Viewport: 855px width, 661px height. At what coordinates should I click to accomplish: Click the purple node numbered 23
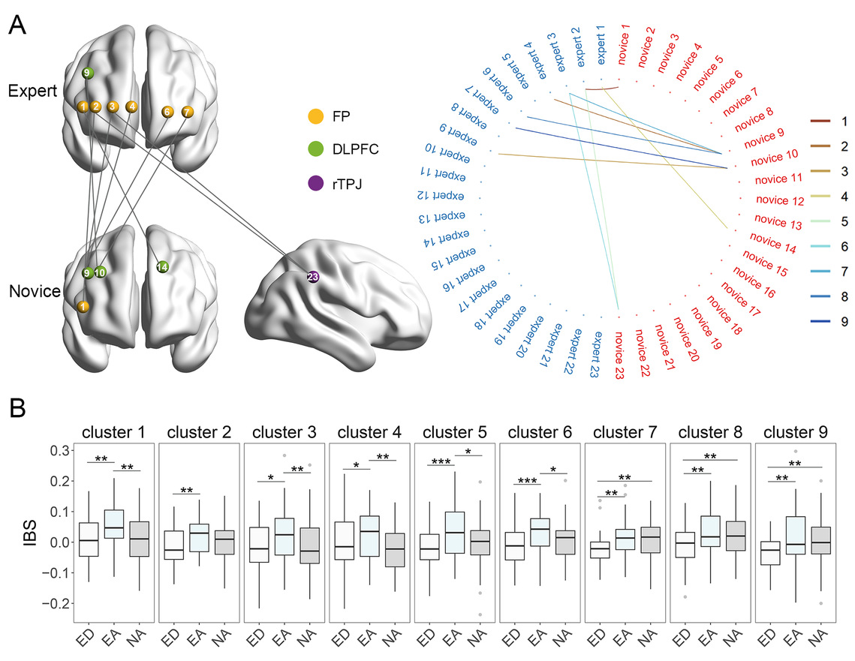[x=313, y=277]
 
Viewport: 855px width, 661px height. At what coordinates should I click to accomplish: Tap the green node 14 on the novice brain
[x=162, y=266]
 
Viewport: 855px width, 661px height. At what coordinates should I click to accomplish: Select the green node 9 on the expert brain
[x=88, y=73]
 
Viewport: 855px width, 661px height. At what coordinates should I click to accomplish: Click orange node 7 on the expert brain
[x=187, y=112]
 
